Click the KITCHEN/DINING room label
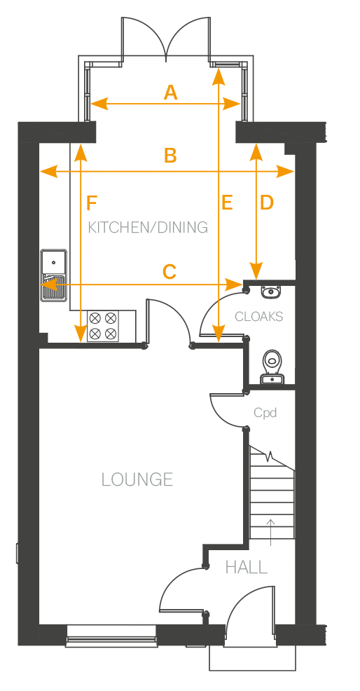[x=148, y=227]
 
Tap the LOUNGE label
[x=137, y=479]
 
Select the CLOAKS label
[x=258, y=316]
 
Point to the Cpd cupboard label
[x=265, y=413]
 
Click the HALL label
[x=247, y=567]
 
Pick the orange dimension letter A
[x=170, y=93]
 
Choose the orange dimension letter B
[x=170, y=156]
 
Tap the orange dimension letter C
[x=169, y=272]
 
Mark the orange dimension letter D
[x=267, y=203]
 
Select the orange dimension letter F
[x=92, y=204]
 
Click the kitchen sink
[x=54, y=275]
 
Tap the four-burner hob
[x=104, y=326]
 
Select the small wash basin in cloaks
[x=270, y=292]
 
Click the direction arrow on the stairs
[x=271, y=533]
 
